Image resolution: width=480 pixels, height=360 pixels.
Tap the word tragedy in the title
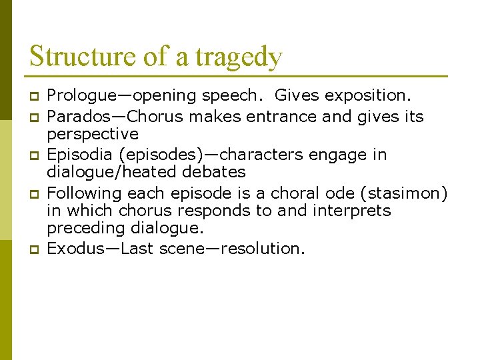[x=239, y=57]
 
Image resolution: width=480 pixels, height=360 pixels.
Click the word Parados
[x=75, y=117]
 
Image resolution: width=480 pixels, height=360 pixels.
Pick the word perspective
[x=93, y=135]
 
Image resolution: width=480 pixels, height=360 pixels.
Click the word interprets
[x=351, y=211]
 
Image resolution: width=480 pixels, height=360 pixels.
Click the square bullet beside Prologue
[x=33, y=97]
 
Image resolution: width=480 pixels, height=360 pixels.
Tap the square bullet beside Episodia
[x=33, y=155]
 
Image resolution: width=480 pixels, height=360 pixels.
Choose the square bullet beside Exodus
[x=33, y=249]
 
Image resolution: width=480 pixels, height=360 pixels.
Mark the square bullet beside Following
[x=33, y=194]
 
